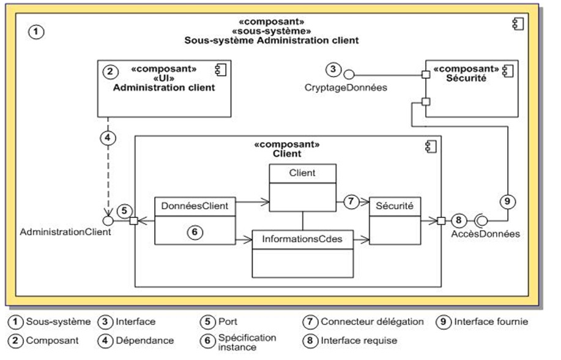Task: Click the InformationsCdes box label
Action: point(303,239)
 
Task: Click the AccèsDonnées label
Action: point(486,233)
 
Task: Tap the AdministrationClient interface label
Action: point(66,232)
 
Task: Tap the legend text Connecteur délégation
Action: point(372,321)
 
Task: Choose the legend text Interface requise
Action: point(359,340)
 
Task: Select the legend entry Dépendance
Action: point(144,340)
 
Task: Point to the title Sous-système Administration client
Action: point(271,40)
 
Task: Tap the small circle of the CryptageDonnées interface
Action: point(349,75)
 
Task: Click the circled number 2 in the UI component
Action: point(110,71)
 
